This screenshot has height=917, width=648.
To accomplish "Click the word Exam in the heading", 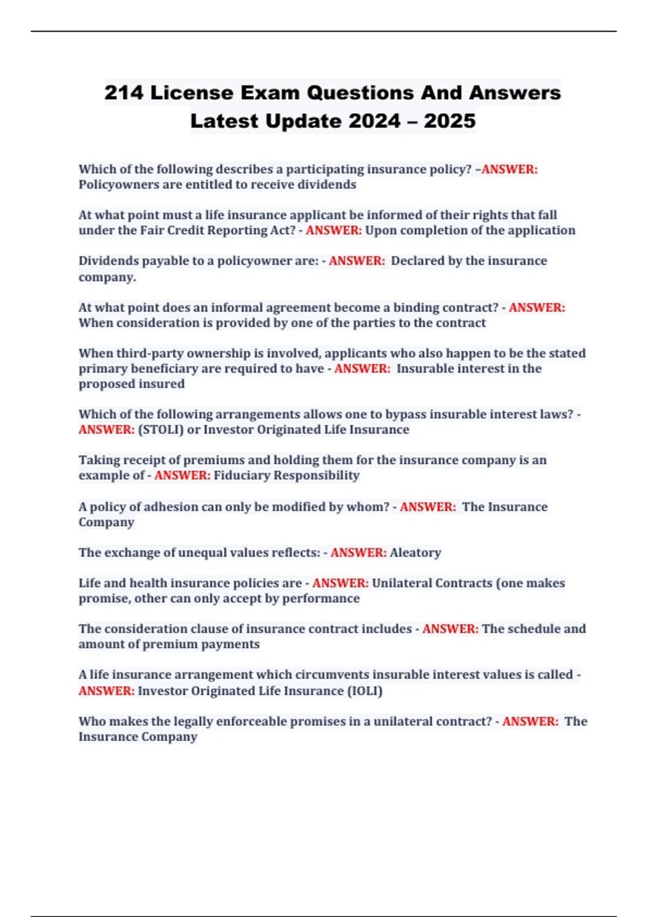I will [x=270, y=93].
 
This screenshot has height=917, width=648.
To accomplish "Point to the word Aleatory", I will [x=415, y=552].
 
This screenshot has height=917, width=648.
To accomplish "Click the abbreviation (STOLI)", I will [x=161, y=429].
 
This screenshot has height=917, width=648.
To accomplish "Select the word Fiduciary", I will [x=241, y=475].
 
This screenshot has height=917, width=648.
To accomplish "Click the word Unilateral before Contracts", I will [x=402, y=583].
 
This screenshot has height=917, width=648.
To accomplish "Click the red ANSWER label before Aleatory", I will [x=358, y=552].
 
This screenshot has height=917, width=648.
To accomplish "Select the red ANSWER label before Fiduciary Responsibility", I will [x=182, y=475].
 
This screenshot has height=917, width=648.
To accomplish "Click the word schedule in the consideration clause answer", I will [x=532, y=629].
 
